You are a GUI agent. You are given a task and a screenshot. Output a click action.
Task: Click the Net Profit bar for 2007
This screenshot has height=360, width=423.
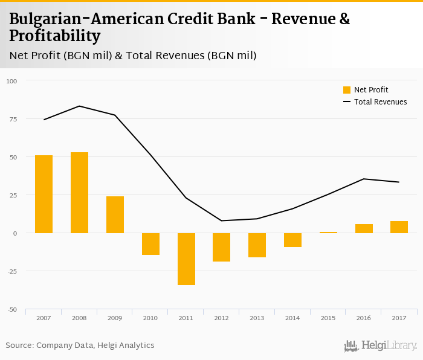[x=44, y=194]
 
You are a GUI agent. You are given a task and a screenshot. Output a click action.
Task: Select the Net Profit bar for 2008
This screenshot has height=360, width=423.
[x=79, y=193]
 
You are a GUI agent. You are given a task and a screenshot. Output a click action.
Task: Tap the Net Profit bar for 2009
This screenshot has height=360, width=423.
[x=115, y=214]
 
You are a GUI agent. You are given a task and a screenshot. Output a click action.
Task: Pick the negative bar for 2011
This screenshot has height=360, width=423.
[x=186, y=259]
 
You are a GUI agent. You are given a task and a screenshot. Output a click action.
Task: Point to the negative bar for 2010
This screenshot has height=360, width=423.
[x=150, y=243]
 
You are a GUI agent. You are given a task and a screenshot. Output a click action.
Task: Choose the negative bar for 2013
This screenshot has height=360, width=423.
[x=257, y=245]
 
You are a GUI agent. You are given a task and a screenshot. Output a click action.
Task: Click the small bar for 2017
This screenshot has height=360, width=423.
[x=399, y=227]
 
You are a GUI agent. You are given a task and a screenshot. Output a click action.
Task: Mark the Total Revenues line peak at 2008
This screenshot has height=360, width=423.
[x=79, y=106]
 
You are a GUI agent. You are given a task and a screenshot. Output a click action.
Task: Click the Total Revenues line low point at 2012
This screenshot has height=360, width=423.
[x=221, y=220]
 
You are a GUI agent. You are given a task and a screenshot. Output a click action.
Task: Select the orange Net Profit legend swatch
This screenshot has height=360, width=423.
[x=347, y=90]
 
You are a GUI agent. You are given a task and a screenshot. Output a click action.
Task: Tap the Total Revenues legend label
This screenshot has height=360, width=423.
[x=380, y=102]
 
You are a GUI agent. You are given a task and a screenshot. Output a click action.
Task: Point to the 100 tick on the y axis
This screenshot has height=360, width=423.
[x=12, y=81]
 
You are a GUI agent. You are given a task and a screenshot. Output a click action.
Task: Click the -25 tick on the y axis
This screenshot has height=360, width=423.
[x=12, y=271]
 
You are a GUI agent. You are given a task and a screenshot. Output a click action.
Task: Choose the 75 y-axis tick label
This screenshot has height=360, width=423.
[x=12, y=119]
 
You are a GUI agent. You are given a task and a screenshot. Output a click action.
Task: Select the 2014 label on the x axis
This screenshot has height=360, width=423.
[x=292, y=318]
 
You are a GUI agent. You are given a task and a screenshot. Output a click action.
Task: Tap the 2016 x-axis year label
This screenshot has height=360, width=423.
[x=363, y=318]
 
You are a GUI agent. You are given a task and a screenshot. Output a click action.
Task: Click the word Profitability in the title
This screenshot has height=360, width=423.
[x=55, y=36]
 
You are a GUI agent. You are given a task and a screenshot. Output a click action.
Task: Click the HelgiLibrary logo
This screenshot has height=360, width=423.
[x=380, y=346]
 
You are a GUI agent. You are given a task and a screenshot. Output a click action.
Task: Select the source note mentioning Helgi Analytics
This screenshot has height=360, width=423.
[x=80, y=346]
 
